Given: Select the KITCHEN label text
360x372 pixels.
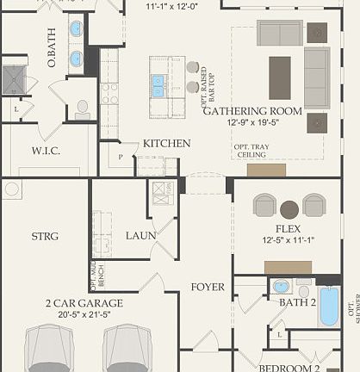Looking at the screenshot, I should (166, 143).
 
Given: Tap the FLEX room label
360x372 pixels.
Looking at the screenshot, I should (288, 229).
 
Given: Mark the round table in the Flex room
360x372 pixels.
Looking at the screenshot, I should (289, 208).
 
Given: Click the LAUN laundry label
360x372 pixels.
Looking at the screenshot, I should (140, 235).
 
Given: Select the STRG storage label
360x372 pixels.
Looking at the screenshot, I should (45, 235).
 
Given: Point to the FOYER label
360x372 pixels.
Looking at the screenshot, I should (207, 287).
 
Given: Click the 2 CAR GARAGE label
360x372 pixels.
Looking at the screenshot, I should (84, 303).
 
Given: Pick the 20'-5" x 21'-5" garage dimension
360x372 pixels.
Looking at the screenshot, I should (84, 315).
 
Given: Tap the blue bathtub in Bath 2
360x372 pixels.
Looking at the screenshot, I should (329, 307).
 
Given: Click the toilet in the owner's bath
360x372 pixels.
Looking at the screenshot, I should (83, 108).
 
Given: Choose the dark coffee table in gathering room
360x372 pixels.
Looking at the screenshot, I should (280, 77).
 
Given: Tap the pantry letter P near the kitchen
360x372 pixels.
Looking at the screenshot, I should (120, 158).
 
